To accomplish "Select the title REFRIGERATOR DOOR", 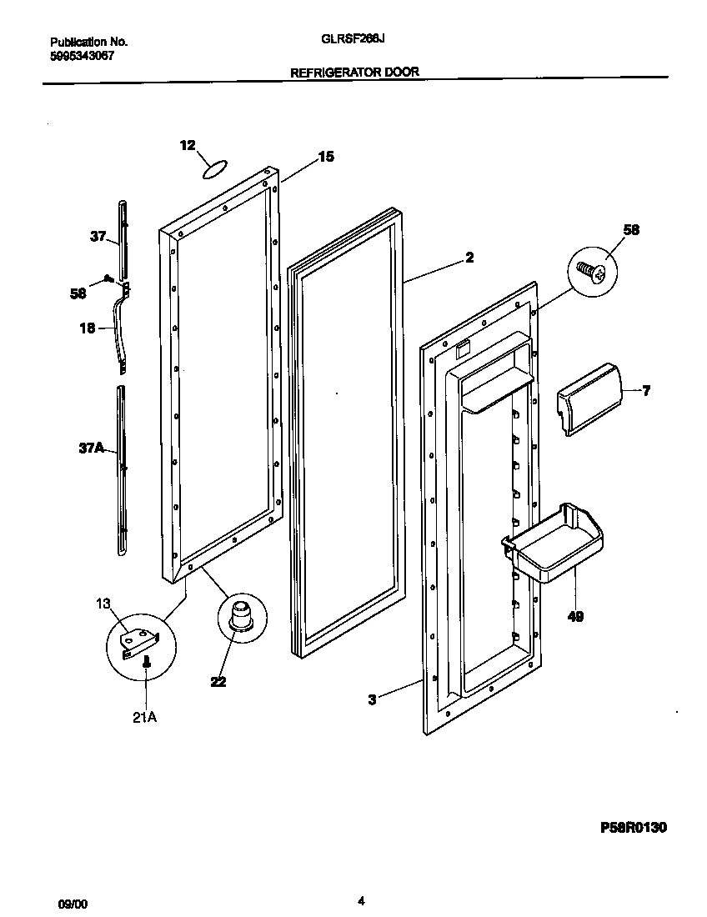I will pyautogui.click(x=353, y=73).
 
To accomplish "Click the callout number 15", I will pyautogui.click(x=325, y=156).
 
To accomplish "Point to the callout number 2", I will pyautogui.click(x=469, y=258).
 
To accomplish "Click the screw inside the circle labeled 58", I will pyautogui.click(x=593, y=269).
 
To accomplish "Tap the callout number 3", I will pyautogui.click(x=372, y=700).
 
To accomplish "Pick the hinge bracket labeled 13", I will pyautogui.click(x=138, y=641).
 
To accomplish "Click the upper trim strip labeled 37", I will pyautogui.click(x=123, y=238).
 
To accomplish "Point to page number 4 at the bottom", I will pyautogui.click(x=360, y=900).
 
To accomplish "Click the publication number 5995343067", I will pyautogui.click(x=82, y=55).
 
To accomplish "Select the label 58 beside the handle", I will pyautogui.click(x=78, y=293).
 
